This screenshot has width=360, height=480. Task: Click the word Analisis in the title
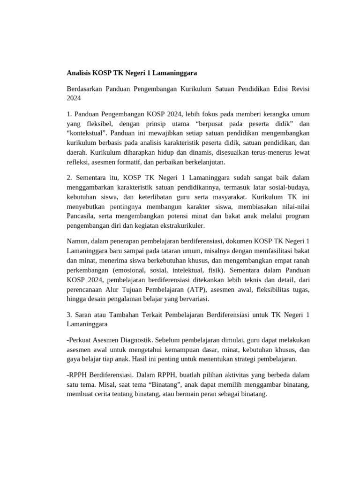(78, 73)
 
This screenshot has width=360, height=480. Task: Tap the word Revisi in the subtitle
(298, 89)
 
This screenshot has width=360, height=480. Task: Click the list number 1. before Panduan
(69, 114)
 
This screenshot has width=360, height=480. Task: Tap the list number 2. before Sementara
(69, 178)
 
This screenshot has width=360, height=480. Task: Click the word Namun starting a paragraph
(77, 241)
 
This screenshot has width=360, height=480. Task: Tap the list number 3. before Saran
(69, 315)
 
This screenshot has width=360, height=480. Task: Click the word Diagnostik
(135, 340)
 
